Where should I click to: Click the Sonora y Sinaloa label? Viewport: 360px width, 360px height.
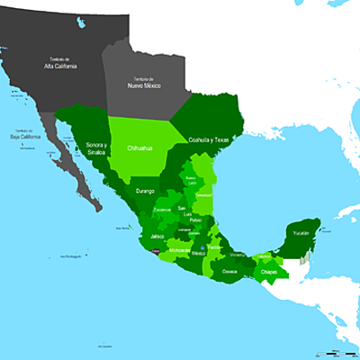[95, 148]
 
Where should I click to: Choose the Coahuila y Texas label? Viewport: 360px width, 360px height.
[209, 140]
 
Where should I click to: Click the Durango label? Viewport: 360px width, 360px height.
[147, 191]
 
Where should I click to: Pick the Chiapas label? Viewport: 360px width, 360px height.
[269, 271]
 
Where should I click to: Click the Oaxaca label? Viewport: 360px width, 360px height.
[230, 270]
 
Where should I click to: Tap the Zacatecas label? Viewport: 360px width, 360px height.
[162, 210]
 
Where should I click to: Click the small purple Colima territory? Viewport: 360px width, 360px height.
[157, 255]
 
